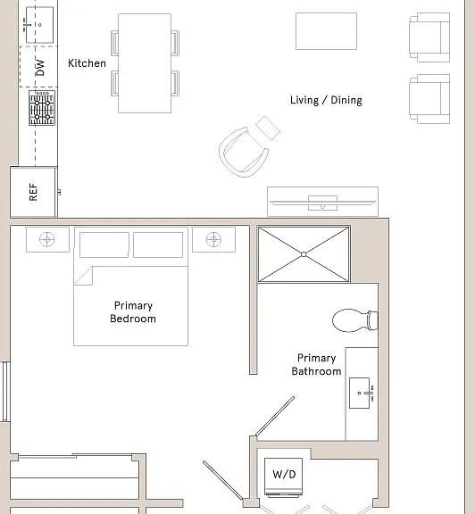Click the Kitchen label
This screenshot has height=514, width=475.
click(87, 63)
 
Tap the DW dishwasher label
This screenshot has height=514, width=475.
click(39, 68)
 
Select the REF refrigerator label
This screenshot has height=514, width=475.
click(33, 192)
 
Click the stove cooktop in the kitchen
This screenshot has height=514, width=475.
click(42, 108)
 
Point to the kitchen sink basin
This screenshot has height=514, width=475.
click(39, 25)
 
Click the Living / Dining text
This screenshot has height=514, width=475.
click(326, 100)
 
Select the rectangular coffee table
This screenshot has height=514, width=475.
click(327, 31)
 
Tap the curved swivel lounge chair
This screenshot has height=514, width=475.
click(243, 152)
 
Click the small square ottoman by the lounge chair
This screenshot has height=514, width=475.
click(268, 128)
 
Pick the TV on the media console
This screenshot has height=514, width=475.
click(323, 203)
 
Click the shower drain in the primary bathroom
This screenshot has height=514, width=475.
click(304, 254)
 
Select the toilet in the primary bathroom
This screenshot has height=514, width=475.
click(355, 320)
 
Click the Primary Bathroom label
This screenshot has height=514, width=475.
click(317, 364)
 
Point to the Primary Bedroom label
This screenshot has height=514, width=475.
click(133, 312)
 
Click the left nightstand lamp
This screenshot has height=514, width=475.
click(47, 239)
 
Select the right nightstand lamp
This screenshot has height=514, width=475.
click(214, 239)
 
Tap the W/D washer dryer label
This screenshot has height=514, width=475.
click(284, 474)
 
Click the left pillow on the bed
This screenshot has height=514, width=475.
click(104, 245)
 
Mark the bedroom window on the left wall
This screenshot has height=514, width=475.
click(5, 392)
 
